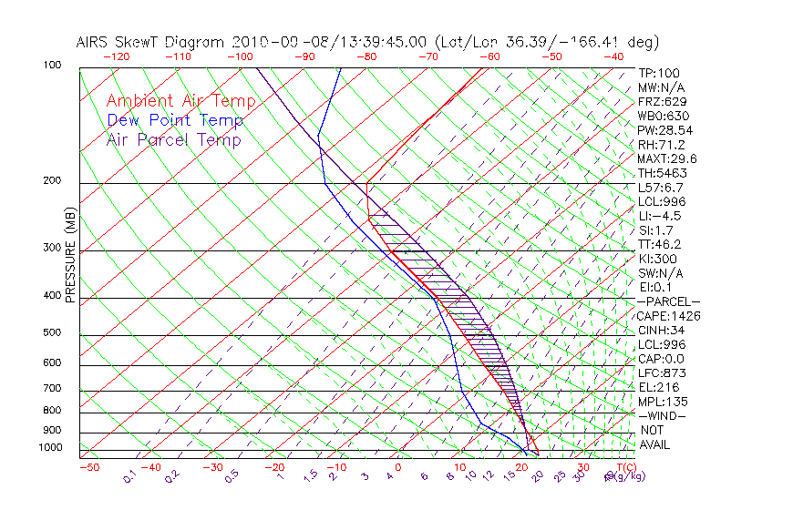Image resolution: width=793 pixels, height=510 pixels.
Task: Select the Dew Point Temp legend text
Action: [175, 120]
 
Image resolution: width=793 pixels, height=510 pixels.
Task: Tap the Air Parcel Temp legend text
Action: [173, 139]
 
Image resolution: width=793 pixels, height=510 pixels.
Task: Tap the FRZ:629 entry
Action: [659, 102]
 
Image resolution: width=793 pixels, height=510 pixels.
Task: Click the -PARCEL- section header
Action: [668, 301]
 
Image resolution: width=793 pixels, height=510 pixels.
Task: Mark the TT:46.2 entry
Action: [659, 244]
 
